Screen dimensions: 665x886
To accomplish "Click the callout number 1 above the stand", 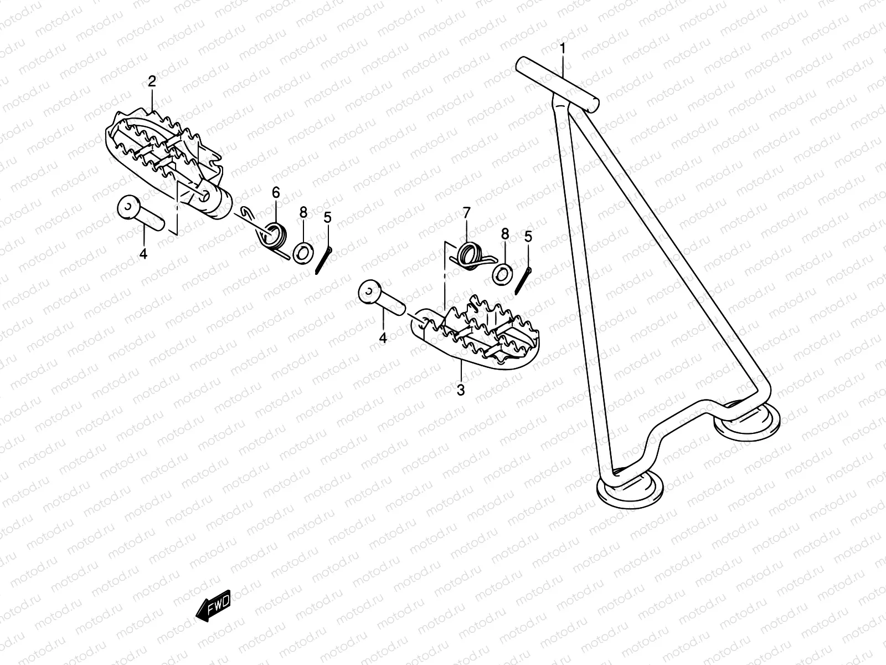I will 563,49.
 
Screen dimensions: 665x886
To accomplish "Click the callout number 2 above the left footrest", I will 152,81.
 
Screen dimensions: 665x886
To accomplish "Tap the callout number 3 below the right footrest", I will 461,390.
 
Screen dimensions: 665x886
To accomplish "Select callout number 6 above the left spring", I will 276,193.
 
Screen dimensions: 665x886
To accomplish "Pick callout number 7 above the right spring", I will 466,213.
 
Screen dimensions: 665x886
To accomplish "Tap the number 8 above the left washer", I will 303,213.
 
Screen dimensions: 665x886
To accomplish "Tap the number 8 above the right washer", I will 504,233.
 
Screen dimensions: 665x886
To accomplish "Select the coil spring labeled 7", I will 471,257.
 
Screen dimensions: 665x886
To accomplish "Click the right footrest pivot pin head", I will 369,293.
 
